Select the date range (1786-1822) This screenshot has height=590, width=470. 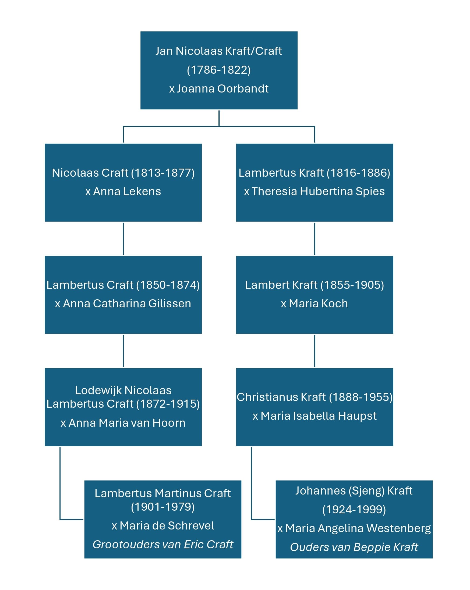219,70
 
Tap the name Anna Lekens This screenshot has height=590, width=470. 127,191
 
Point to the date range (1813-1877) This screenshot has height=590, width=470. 163,173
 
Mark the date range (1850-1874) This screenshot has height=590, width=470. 168,285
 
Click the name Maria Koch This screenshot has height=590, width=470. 318,304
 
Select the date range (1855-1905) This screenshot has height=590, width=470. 352,285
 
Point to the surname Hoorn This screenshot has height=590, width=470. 169,423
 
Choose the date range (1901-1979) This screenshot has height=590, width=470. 162,507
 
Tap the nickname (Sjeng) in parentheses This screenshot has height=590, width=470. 366,491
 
